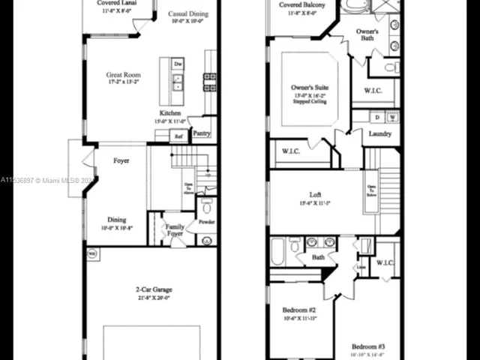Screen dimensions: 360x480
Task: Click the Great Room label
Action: pos(123,75)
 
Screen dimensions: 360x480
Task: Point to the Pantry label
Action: pos(201,133)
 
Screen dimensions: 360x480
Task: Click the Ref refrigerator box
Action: pos(178,136)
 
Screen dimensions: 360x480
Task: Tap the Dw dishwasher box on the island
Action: pos(178,64)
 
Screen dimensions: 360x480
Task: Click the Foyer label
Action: pos(121,160)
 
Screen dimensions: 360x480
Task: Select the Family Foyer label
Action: pos(175,229)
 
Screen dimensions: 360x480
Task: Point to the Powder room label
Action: pos(206,223)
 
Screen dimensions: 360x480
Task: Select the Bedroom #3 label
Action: pos(367,346)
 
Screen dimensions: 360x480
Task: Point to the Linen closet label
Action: pos(361,267)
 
